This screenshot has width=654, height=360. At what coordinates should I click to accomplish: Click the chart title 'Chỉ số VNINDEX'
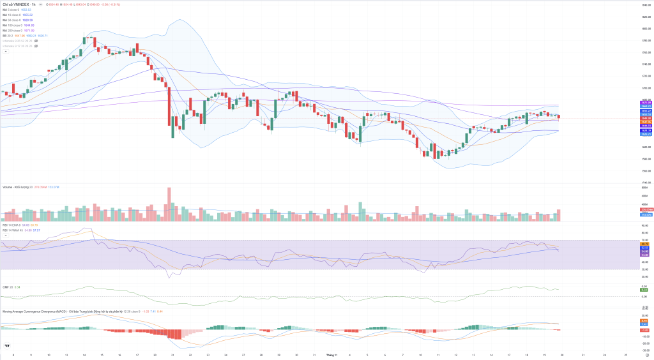pyautogui.click(x=17, y=4)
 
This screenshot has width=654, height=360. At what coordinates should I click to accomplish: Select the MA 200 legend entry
pyautogui.click(x=11, y=30)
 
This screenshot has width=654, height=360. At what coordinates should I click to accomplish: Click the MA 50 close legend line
pyautogui.click(x=11, y=20)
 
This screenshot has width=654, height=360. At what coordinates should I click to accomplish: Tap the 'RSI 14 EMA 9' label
pyautogui.click(x=13, y=225)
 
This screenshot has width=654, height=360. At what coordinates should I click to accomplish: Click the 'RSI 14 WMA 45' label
pyautogui.click(x=13, y=230)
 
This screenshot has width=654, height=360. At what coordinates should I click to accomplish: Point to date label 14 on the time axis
pyautogui.click(x=84, y=355)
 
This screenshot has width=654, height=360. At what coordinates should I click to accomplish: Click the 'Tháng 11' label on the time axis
pyautogui.click(x=331, y=355)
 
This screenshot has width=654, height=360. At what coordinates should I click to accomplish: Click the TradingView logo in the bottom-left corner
pyautogui.click(x=6, y=346)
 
